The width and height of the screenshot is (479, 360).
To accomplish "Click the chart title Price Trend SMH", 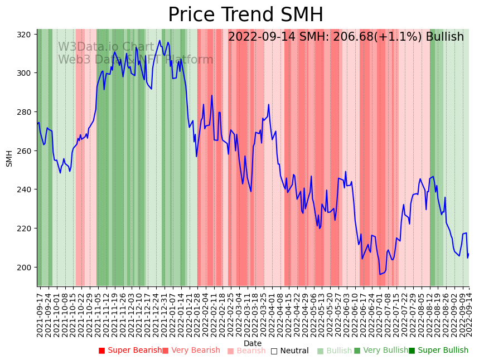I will tap(245, 15).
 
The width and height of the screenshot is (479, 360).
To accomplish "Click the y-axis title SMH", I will tap(9, 158).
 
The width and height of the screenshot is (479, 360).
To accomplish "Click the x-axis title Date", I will tap(253, 343).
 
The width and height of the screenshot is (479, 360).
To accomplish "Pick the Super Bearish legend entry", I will tap(130, 351).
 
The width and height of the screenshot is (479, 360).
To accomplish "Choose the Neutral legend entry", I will tap(289, 351).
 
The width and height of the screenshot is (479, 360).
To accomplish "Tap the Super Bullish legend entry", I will tap(438, 351).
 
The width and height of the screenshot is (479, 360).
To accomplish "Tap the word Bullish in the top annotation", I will tap(444, 37).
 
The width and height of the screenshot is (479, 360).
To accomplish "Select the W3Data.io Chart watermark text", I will tap(106, 47).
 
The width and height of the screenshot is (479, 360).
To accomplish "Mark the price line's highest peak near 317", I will tap(160, 40).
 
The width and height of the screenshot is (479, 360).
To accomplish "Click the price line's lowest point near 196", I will tap(380, 274).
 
